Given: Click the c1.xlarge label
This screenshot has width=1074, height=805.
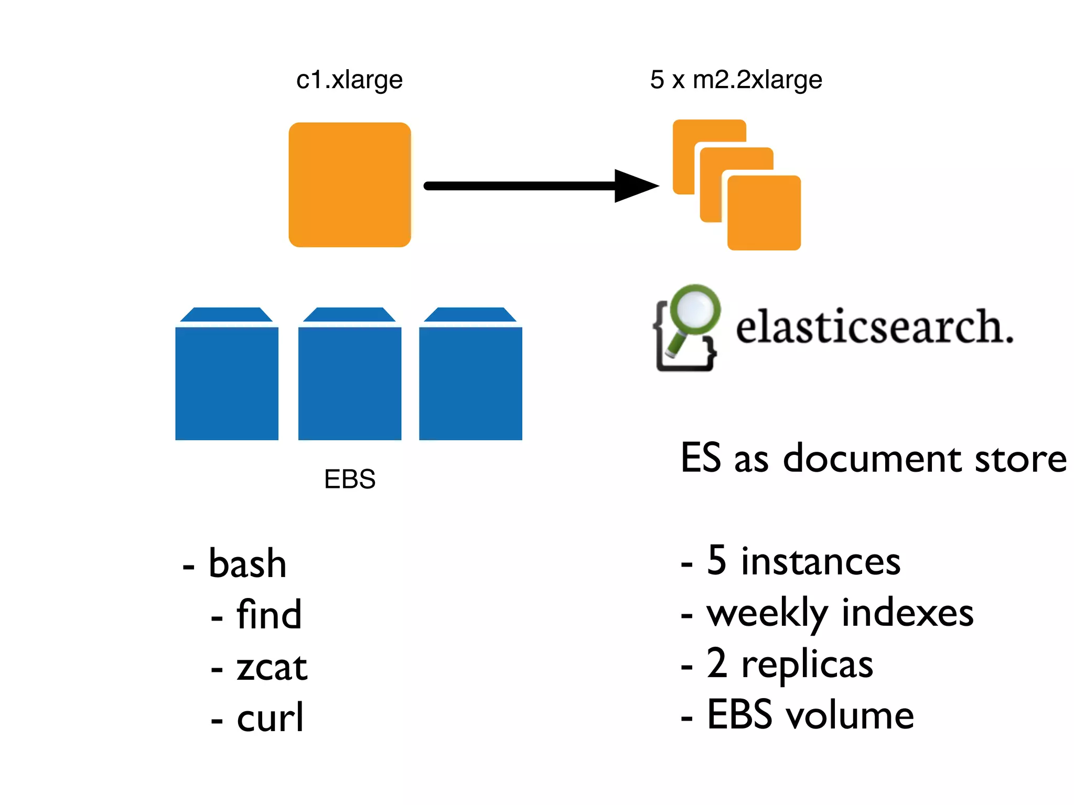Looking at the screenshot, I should [349, 80].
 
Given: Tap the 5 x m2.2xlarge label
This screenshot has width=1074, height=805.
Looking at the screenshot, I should [736, 80].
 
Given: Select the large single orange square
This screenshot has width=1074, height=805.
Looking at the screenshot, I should [350, 184].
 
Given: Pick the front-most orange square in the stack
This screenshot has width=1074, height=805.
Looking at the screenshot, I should [764, 213].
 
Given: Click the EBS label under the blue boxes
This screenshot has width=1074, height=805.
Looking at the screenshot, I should [350, 478].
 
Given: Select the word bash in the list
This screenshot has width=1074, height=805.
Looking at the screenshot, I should [248, 563].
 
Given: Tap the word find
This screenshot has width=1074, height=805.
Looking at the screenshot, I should [269, 614].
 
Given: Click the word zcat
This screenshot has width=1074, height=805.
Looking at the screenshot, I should [272, 667].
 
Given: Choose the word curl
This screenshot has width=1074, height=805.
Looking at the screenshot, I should [270, 717].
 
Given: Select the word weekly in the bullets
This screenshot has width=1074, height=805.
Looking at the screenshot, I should [767, 613].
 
